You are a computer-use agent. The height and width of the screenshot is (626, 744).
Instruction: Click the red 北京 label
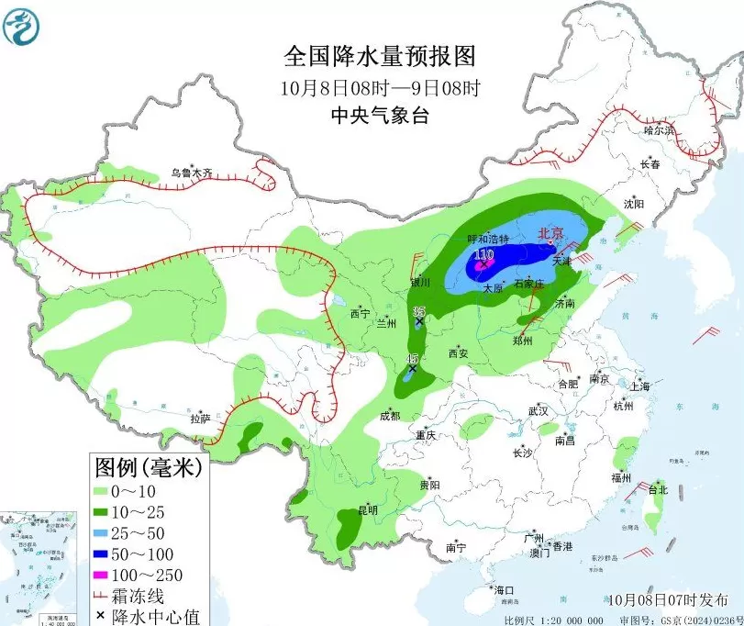(550, 234)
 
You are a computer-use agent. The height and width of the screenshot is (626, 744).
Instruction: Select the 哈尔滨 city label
(658, 130)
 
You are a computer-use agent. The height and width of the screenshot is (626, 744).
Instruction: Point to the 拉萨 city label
(200, 419)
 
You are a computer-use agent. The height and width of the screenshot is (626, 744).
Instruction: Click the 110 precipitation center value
(483, 254)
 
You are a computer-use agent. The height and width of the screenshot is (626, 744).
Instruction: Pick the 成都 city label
(389, 416)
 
